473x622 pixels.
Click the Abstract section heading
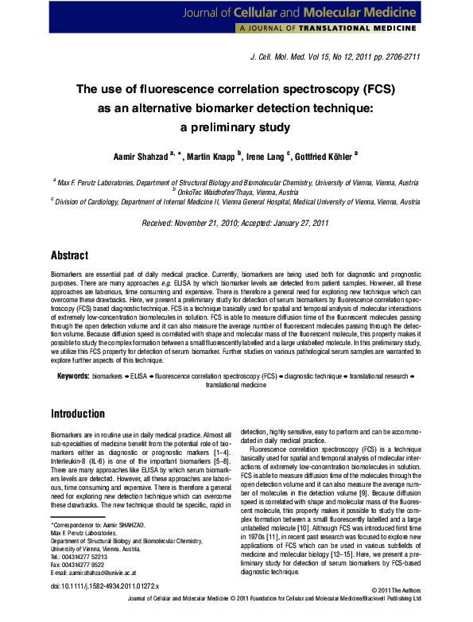[x=68, y=256]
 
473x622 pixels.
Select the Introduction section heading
[x=78, y=414]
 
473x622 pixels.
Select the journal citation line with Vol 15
[x=335, y=57]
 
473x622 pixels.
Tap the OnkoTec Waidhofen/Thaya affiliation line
[x=235, y=192]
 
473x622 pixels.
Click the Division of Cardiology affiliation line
[x=235, y=203]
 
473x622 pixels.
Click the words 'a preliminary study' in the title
[x=235, y=127]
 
